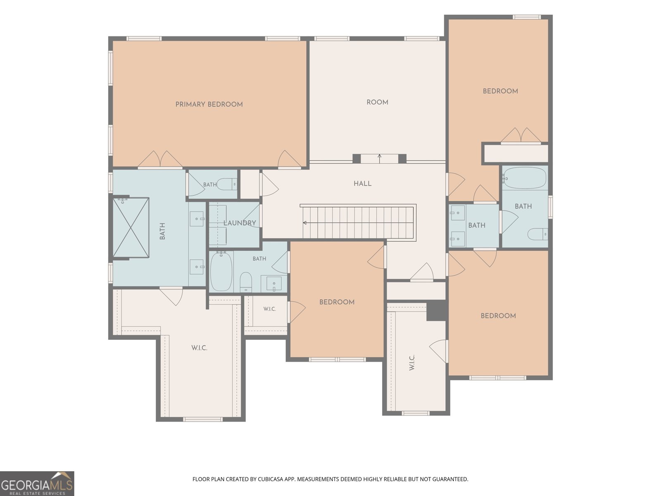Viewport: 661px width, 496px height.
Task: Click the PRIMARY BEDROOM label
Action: click(209, 105)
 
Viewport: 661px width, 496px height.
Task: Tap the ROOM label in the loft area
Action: click(377, 103)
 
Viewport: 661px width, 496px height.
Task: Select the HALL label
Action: click(363, 184)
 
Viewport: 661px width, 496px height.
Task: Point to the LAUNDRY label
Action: click(240, 223)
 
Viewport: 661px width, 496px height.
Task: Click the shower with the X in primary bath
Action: click(131, 227)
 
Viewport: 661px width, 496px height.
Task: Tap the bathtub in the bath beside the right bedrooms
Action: click(525, 178)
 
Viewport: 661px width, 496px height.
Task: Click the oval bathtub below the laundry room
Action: click(221, 272)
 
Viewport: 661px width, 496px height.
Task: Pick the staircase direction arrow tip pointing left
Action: click(303, 223)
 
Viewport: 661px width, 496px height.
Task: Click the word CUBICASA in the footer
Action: click(270, 479)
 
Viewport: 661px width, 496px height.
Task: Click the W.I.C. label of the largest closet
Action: click(200, 348)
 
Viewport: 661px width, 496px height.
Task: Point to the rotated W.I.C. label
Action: click(412, 362)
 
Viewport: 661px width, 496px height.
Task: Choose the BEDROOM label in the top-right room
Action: click(500, 91)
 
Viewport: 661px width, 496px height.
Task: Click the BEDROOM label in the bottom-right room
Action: click(498, 316)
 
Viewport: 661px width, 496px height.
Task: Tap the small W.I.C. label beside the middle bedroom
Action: click(269, 309)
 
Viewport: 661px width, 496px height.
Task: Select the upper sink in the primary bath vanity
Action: click(197, 219)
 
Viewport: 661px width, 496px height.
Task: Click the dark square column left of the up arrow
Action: click(357, 158)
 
